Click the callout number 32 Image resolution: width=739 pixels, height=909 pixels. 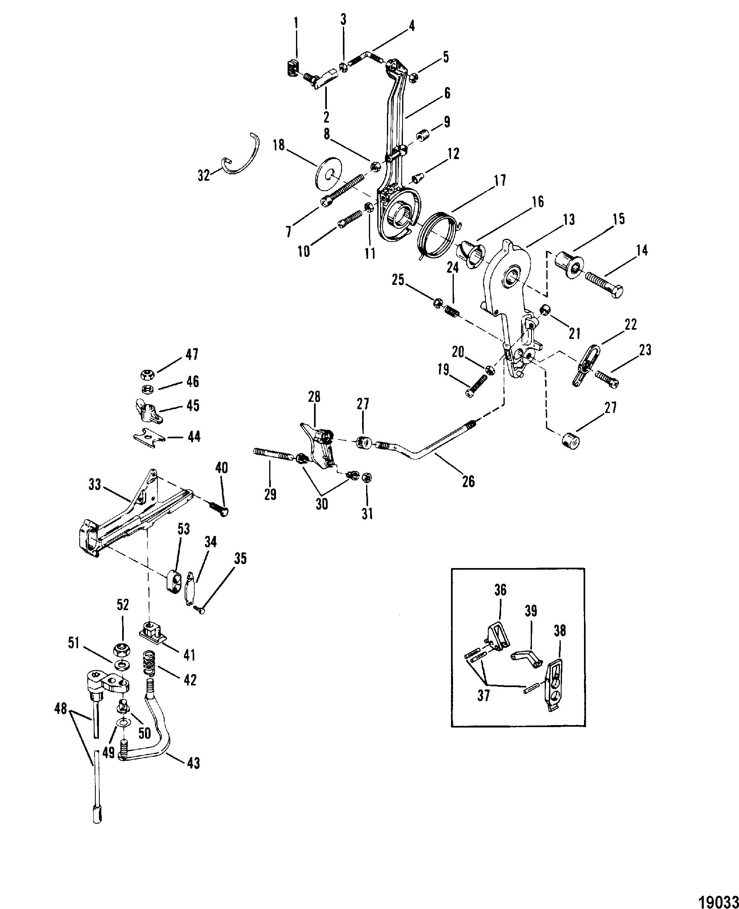point(204,175)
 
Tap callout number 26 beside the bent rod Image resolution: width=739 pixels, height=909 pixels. point(468,482)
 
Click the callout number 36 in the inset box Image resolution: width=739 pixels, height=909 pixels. point(501,591)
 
